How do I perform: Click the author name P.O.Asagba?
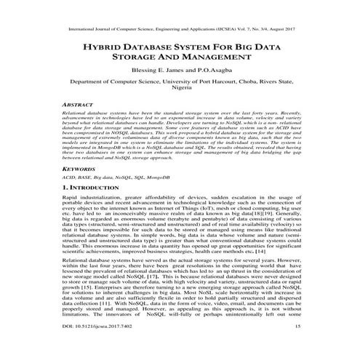point(211,78)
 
